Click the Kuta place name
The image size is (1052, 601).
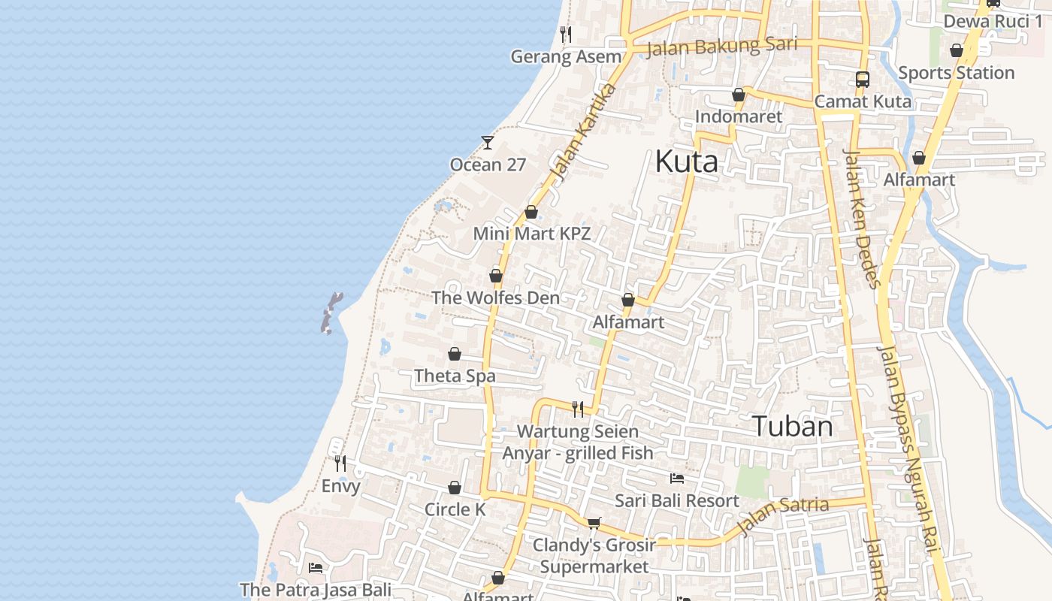(686, 162)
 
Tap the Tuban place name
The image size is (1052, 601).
(792, 427)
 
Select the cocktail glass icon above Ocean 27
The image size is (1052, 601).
(488, 142)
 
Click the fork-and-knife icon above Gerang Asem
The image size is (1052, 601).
(566, 35)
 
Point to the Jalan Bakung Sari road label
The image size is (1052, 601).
(721, 47)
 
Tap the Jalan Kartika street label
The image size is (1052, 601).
(582, 133)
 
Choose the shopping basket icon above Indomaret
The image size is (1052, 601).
(739, 95)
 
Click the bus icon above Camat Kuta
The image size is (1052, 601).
(863, 79)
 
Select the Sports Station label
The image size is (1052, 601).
(956, 73)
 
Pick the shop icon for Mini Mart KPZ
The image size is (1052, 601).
(531, 212)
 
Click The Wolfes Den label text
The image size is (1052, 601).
(495, 297)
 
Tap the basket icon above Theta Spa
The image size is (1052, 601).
(455, 354)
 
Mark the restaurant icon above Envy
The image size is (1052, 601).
(340, 464)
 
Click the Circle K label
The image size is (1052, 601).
(455, 509)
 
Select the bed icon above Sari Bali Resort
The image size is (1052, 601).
(677, 478)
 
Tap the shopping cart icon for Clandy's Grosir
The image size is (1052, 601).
(594, 523)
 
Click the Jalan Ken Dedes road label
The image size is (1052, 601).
(861, 218)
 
